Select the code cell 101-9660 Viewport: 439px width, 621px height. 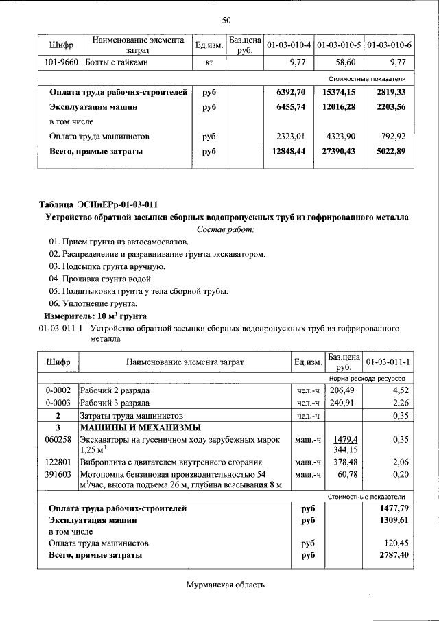pyautogui.click(x=61, y=62)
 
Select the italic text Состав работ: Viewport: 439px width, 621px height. pyautogui.click(x=226, y=229)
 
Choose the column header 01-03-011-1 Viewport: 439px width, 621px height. pyautogui.click(x=388, y=361)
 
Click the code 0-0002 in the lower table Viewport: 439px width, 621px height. pyautogui.click(x=58, y=390)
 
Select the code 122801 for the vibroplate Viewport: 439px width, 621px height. pyautogui.click(x=58, y=462)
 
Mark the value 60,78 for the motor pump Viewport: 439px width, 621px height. pyautogui.click(x=347, y=474)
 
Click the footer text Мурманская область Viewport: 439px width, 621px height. pyautogui.click(x=225, y=585)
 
